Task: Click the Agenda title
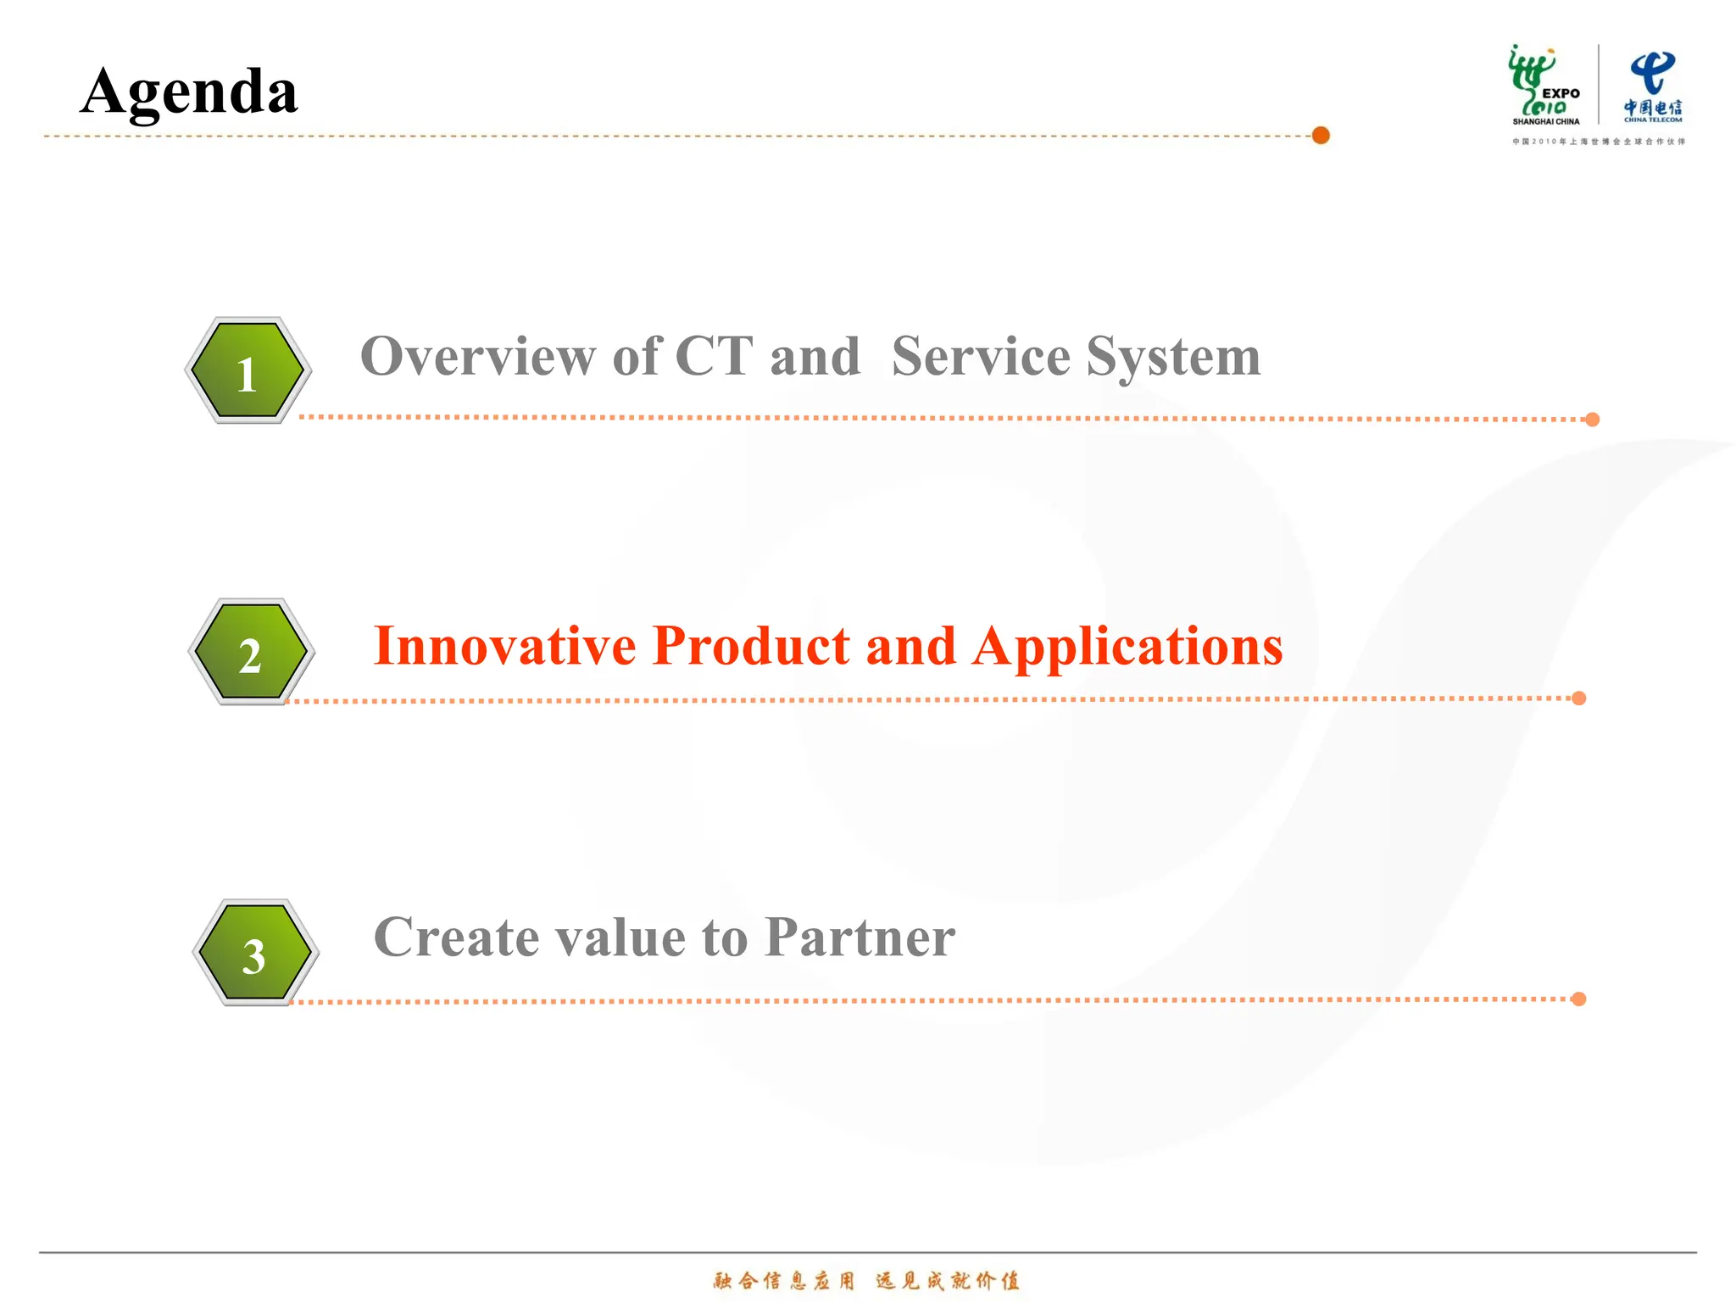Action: [x=189, y=92]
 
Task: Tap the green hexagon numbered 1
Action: [x=248, y=370]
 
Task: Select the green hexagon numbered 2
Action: [x=251, y=652]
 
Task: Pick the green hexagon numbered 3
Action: [x=255, y=953]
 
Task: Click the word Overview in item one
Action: [x=477, y=356]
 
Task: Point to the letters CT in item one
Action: [x=714, y=356]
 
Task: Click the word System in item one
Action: [x=1173, y=358]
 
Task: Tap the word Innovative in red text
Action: [x=504, y=646]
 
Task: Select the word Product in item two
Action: [x=751, y=646]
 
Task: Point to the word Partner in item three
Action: [x=860, y=938]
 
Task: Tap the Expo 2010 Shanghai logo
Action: [x=1544, y=85]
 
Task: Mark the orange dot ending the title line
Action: [x=1321, y=136]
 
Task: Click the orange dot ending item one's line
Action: [x=1592, y=420]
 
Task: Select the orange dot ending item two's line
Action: [x=1578, y=698]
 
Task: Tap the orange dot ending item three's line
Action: [x=1578, y=999]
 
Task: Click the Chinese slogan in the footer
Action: [x=866, y=1280]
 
